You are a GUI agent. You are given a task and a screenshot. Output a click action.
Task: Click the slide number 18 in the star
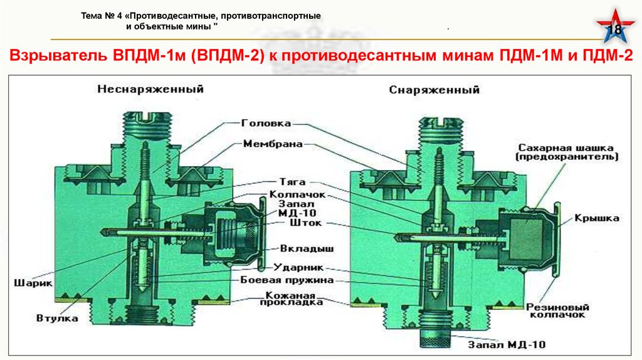[616, 31]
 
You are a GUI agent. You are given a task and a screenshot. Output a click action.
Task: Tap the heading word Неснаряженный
[151, 89]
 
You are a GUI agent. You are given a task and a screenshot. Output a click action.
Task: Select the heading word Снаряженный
[434, 90]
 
